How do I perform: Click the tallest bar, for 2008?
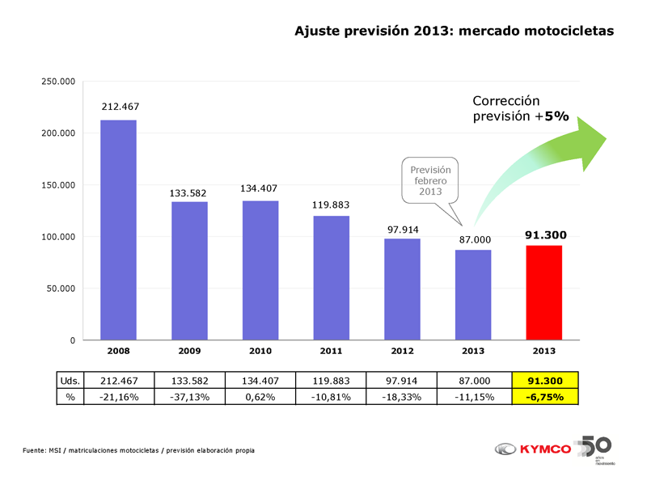118,230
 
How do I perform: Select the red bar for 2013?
543,293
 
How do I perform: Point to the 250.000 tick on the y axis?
58,82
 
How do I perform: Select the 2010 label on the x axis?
260,352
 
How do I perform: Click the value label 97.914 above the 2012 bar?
402,230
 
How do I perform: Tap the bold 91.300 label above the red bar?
545,235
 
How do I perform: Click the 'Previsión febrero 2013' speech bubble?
430,180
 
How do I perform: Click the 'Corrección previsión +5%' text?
521,109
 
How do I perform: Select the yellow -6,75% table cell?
545,397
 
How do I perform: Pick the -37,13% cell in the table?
189,397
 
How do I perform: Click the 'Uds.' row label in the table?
69,381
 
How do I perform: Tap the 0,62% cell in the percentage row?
260,397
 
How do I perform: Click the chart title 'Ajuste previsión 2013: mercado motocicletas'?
454,32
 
